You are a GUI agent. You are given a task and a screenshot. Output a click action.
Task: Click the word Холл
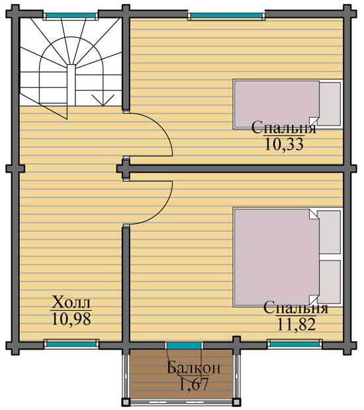click(71, 302)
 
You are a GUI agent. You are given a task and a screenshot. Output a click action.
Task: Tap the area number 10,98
click(71, 319)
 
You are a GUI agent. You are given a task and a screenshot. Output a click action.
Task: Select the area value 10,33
click(284, 144)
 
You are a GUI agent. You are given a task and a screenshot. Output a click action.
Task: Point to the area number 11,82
click(296, 325)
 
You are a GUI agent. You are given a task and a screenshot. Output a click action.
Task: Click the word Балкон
click(193, 368)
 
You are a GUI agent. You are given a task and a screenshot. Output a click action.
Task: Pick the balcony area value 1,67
click(194, 384)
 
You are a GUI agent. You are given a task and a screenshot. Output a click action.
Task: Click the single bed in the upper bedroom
click(288, 104)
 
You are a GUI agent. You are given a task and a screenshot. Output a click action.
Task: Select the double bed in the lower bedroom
click(288, 257)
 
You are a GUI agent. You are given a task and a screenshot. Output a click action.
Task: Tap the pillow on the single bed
click(330, 104)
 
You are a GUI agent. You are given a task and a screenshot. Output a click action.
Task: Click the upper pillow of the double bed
click(329, 232)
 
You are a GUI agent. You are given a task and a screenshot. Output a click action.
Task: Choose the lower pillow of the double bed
click(329, 282)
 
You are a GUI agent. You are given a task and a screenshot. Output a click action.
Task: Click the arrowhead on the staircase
click(103, 101)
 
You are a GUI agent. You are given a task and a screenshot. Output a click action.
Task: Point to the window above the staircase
click(71, 16)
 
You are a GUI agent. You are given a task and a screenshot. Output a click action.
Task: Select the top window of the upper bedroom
click(226, 16)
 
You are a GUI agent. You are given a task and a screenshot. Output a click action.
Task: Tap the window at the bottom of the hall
click(71, 344)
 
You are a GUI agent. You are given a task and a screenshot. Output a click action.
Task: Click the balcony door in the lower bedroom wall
click(184, 346)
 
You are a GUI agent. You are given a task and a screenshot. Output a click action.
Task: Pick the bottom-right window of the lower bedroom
click(295, 344)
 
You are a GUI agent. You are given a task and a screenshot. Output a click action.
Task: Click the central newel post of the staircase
click(71, 85)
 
